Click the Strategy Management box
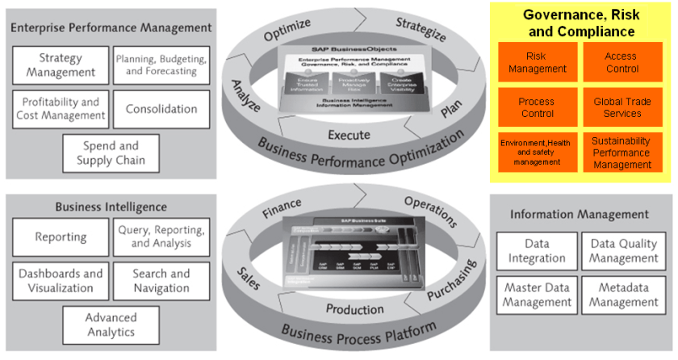[61, 65]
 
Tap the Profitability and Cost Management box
[61, 109]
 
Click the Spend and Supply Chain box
[110, 153]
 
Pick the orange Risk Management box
[537, 63]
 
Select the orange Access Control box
[622, 63]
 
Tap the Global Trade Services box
[622, 108]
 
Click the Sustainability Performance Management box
[622, 153]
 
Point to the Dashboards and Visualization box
[61, 281]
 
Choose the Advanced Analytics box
[110, 324]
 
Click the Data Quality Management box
[624, 251]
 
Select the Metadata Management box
[624, 295]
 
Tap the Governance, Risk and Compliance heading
[580, 23]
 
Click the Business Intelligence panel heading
[111, 207]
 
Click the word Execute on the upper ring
[349, 134]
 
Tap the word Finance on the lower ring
[281, 208]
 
